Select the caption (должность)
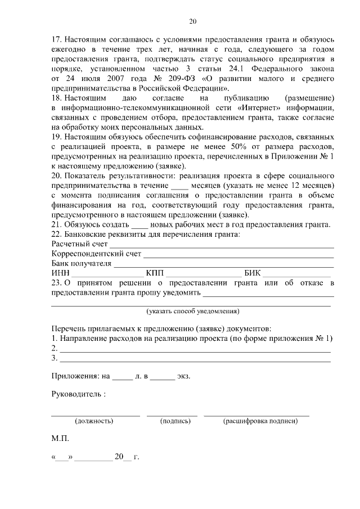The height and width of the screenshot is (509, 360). click(x=94, y=420)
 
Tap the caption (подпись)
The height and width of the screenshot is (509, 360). click(x=174, y=420)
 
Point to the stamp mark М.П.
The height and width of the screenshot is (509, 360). click(x=59, y=436)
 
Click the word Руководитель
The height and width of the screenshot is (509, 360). click(x=76, y=394)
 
